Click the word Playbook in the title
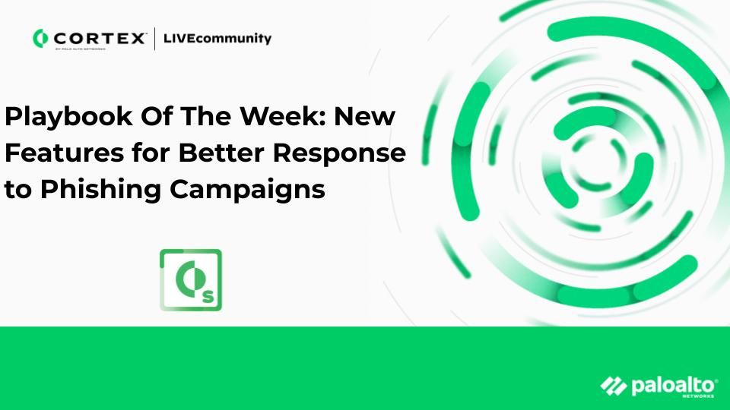(x=68, y=117)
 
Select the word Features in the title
(x=64, y=153)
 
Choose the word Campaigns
(x=247, y=190)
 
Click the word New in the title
(x=365, y=116)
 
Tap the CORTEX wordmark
(x=99, y=38)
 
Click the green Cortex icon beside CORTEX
(x=40, y=38)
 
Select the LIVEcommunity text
(x=217, y=38)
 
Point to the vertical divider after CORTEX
(x=154, y=38)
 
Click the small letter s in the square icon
(x=208, y=297)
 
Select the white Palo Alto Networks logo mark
(x=614, y=386)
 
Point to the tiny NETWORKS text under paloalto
(x=698, y=396)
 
